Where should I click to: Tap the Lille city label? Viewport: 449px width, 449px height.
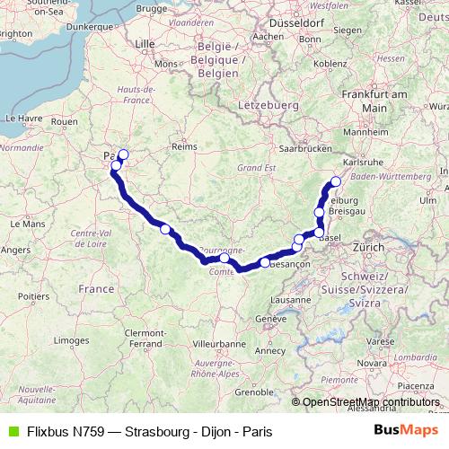[x=144, y=42]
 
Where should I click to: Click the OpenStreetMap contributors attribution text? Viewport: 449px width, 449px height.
[x=371, y=401]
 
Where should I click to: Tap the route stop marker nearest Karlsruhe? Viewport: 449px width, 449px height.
[x=336, y=182]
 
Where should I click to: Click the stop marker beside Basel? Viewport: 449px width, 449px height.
[x=319, y=233]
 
